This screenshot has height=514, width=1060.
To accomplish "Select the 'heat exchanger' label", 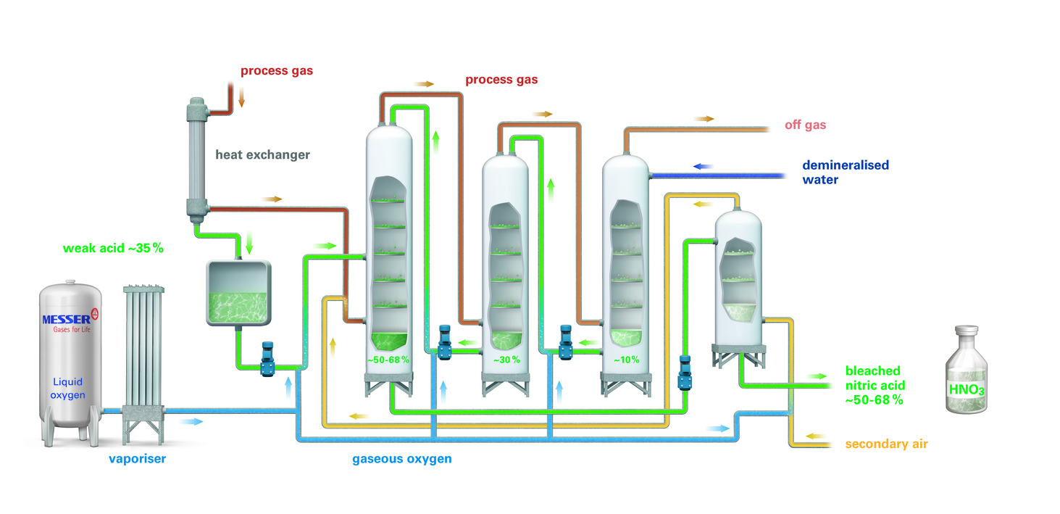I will (x=262, y=154).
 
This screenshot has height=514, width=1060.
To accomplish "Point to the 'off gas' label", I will (x=805, y=125).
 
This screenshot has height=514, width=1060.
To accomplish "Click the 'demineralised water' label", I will (x=845, y=172).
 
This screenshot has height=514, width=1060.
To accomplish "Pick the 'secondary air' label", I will (x=886, y=444).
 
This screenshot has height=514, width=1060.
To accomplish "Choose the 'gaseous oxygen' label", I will (x=402, y=459).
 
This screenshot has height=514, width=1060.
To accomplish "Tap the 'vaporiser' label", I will (x=137, y=458).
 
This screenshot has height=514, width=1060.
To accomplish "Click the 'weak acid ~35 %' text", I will (x=113, y=248).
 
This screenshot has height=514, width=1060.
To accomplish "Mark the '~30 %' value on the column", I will (x=506, y=360).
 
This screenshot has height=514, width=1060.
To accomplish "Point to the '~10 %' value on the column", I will (x=627, y=360).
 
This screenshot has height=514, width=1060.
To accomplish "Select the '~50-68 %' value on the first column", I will (x=388, y=360).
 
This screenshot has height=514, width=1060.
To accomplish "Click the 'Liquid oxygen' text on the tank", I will (x=69, y=388).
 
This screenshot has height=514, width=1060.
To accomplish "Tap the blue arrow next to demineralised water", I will (x=703, y=166).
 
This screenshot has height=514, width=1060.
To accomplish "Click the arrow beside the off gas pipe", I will (x=704, y=118).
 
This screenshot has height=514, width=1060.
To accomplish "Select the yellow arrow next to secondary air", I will (x=816, y=436).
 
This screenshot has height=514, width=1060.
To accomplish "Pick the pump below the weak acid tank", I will (x=268, y=358).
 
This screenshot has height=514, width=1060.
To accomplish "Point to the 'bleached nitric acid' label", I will (x=875, y=385).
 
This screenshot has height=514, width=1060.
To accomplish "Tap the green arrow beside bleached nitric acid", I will (x=817, y=376).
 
